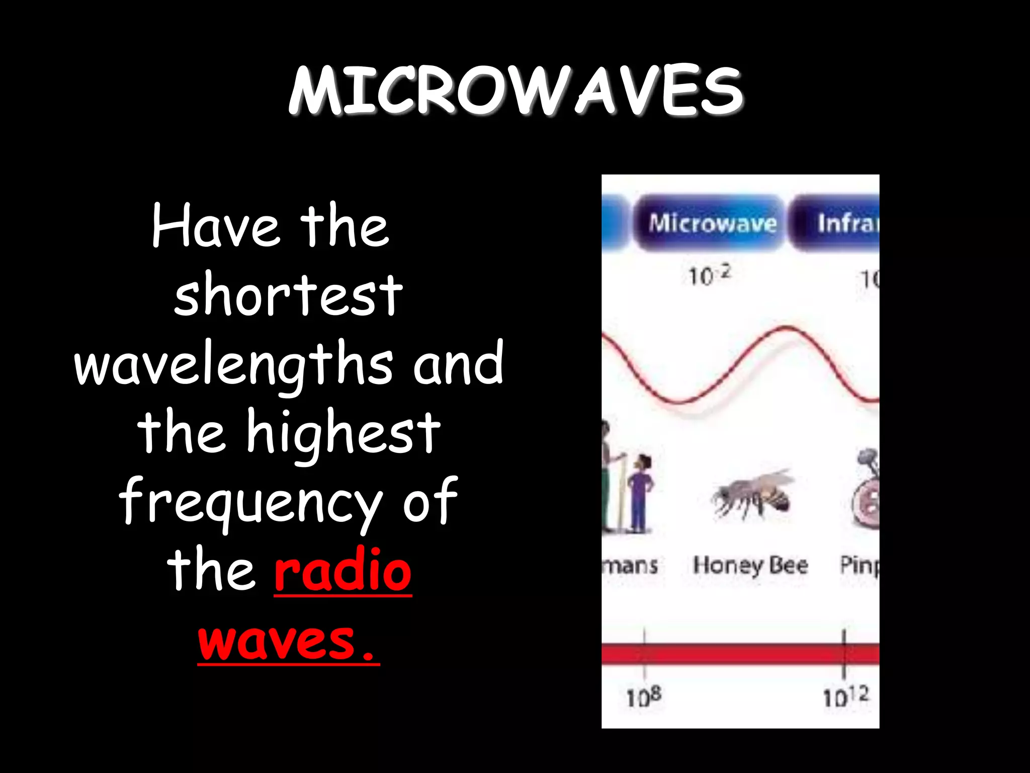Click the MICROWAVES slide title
pyautogui.click(x=516, y=92)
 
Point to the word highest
pyautogui.click(x=344, y=433)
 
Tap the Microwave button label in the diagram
pyautogui.click(x=712, y=222)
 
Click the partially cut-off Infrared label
pyautogui.click(x=848, y=222)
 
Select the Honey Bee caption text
pyautogui.click(x=750, y=565)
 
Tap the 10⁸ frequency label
pyautogui.click(x=644, y=697)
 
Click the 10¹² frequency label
pyautogui.click(x=845, y=697)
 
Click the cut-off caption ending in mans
pyautogui.click(x=631, y=565)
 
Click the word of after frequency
pyautogui.click(x=431, y=502)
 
